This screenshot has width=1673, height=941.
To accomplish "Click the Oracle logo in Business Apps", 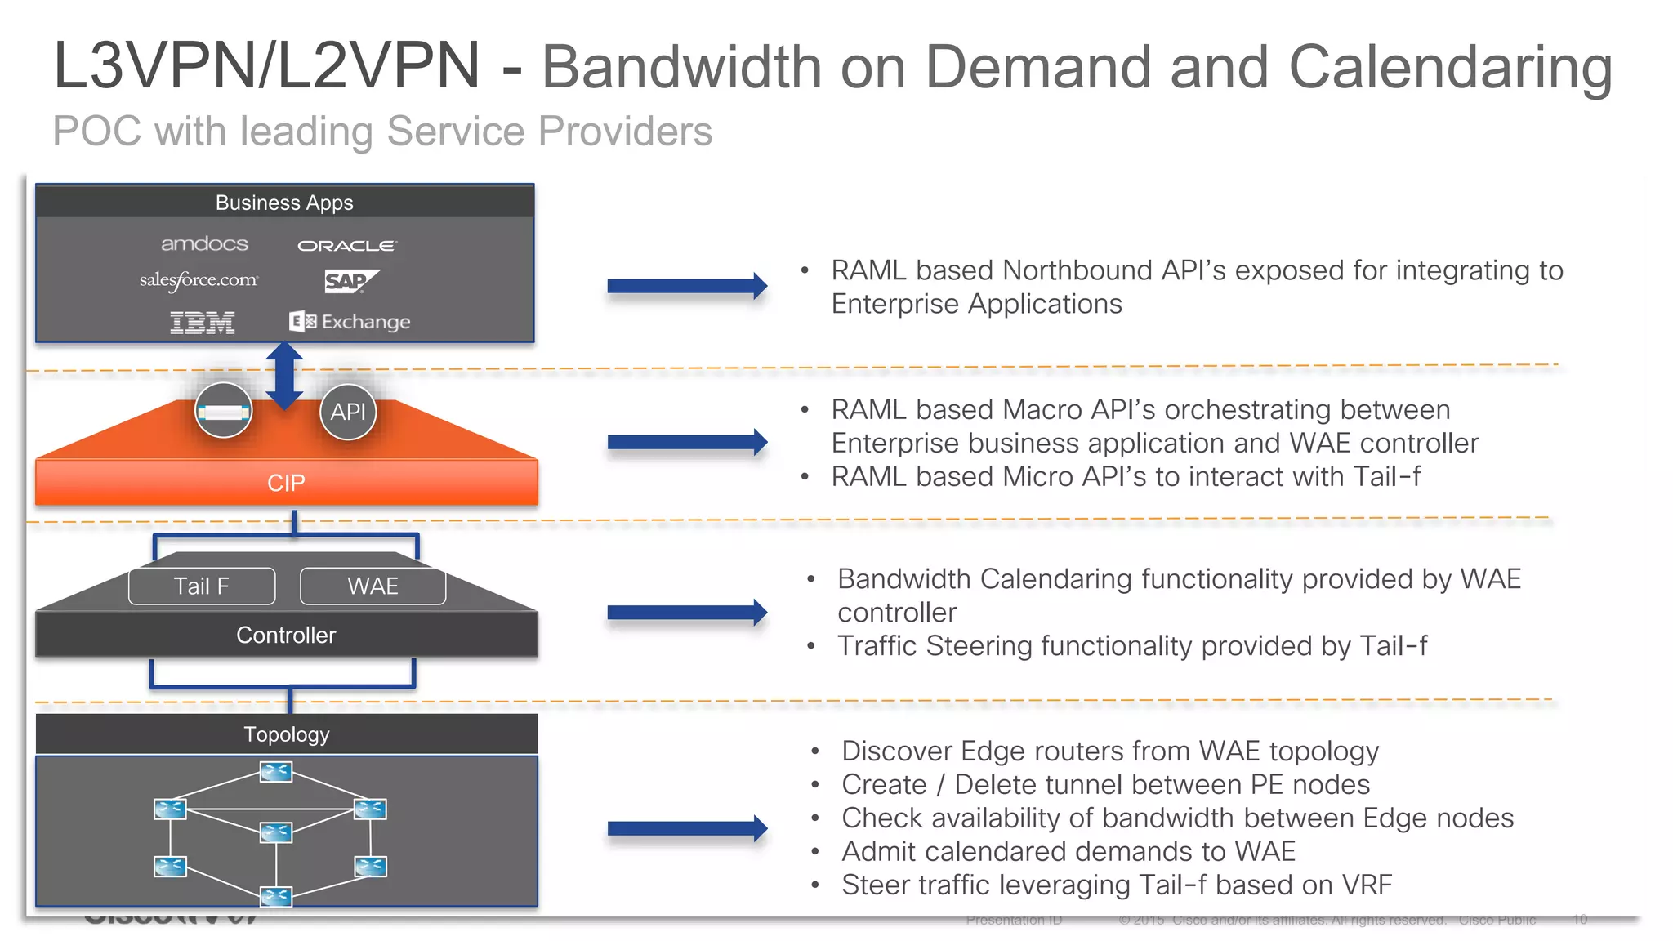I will click(346, 245).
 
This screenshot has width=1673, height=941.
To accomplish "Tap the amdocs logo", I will click(204, 243).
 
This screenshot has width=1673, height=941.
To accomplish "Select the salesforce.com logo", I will click(199, 280).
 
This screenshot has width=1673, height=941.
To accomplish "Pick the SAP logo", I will click(350, 281).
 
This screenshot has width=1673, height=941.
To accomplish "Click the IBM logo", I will click(202, 323).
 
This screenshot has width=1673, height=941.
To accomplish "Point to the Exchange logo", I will click(350, 322).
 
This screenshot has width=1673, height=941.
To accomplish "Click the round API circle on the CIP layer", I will click(348, 412).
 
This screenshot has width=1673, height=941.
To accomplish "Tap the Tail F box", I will click(202, 586).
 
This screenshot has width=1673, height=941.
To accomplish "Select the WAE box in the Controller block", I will click(373, 586).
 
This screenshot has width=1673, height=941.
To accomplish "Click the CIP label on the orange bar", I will click(286, 483).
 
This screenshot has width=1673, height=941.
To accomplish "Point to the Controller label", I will click(286, 635).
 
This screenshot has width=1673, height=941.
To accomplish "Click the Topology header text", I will click(286, 734).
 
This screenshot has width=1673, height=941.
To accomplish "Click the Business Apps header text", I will click(284, 203).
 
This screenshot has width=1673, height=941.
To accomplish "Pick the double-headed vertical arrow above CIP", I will click(284, 376).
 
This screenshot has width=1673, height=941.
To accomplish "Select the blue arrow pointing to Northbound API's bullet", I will click(686, 286).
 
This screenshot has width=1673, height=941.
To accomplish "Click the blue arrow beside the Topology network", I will click(686, 829).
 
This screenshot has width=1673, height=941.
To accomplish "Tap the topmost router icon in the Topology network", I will click(276, 771).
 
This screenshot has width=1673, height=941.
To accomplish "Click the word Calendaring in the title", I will click(1450, 67).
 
